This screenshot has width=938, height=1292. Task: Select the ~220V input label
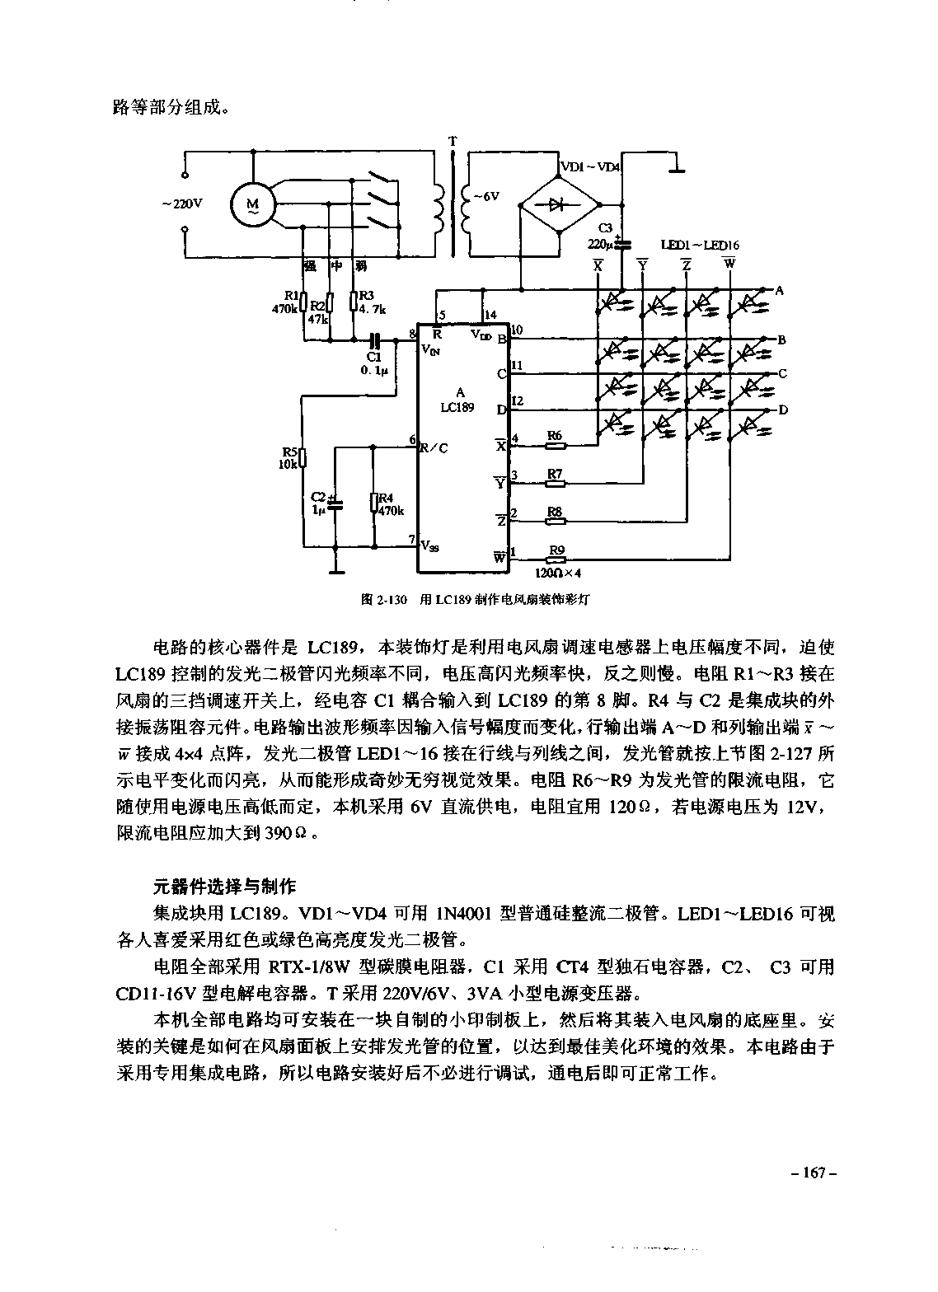click(181, 203)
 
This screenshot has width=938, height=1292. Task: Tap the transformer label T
click(452, 141)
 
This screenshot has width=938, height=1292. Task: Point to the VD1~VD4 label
click(590, 166)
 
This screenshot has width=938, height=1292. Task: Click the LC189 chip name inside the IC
click(457, 407)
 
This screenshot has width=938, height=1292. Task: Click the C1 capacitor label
click(373, 357)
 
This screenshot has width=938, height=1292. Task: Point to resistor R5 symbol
click(303, 456)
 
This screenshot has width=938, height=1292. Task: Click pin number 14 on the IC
click(491, 315)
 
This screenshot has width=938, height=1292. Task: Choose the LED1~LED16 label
click(699, 245)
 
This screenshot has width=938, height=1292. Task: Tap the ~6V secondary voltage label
click(485, 197)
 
